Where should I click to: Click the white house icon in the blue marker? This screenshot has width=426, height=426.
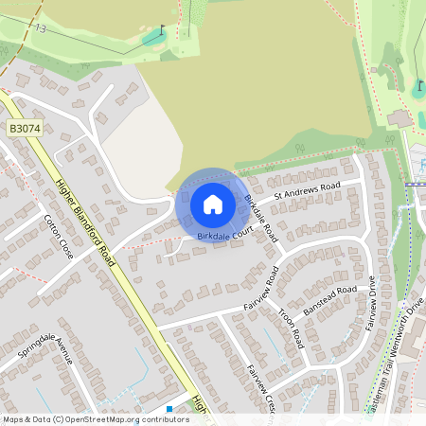click(213, 204)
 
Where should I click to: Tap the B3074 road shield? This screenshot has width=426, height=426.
click(25, 126)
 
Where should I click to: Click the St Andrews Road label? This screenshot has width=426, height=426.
click(306, 189)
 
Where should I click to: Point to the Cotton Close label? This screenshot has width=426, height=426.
click(59, 237)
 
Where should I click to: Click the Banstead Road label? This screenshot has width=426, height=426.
click(329, 301)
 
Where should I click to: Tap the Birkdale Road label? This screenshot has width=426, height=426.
click(259, 216)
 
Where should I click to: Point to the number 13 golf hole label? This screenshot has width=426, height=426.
click(40, 29)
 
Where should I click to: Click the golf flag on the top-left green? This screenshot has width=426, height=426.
click(163, 29)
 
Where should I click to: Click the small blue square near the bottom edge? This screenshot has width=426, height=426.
click(169, 409)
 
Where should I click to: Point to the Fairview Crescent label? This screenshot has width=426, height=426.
click(259, 386)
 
